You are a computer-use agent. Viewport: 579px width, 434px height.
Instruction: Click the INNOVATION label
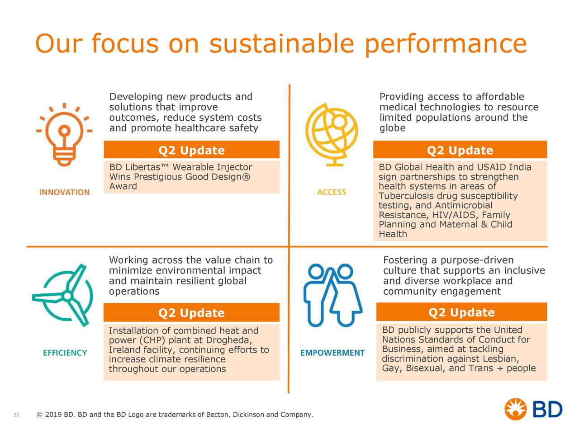pos(64,193)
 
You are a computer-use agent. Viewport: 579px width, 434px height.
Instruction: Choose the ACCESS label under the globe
pos(332,192)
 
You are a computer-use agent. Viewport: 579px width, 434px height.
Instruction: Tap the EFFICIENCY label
pos(65,353)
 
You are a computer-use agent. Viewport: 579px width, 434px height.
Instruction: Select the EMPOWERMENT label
pos(332,353)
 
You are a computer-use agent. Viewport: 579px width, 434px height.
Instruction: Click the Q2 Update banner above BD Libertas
pos(191,150)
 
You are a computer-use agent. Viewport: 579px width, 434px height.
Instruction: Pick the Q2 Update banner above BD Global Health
pos(460,150)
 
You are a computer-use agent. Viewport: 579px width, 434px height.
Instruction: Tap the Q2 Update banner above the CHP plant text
pos(191,312)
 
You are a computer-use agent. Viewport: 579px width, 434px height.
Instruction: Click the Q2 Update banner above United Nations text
pos(462,312)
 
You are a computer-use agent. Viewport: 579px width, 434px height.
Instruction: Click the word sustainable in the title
pos(282,43)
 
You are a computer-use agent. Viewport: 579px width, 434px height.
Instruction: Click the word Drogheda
pos(229,340)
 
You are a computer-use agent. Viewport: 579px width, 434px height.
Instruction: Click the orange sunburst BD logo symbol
pos(515,409)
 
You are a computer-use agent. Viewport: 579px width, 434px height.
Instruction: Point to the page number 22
pos(16,415)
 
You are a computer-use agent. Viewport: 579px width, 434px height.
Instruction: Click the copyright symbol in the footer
pos(39,415)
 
